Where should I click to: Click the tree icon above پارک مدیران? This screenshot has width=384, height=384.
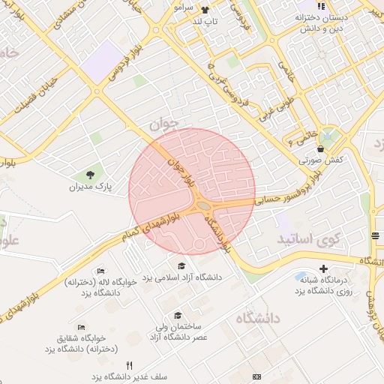pos(90,174)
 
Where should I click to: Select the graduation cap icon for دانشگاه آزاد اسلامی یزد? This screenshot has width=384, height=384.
pos(181,265)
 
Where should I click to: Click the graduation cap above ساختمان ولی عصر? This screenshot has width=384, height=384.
pos(178,315)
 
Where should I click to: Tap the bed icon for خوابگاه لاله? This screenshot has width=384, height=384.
pos(101,271)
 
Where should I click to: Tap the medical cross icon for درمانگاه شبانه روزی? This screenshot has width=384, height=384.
pos(323,268)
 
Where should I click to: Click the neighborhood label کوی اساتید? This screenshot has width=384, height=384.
pos(308,238)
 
